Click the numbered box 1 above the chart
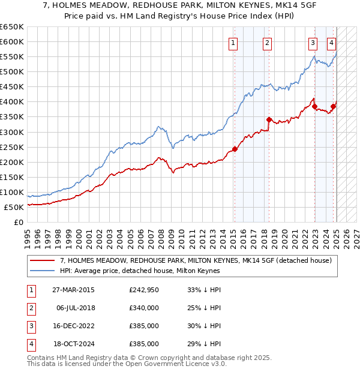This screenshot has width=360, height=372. click(x=232, y=43)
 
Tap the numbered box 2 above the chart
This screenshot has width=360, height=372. click(x=267, y=43)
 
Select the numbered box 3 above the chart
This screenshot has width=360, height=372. click(x=313, y=43)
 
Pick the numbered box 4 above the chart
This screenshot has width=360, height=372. click(x=331, y=43)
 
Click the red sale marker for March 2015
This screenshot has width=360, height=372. click(x=235, y=149)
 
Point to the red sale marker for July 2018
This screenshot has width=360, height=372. click(x=269, y=119)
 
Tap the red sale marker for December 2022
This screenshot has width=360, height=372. click(x=314, y=106)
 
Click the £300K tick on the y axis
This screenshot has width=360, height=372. click(x=11, y=132)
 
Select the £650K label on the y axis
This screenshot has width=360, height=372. click(x=11, y=27)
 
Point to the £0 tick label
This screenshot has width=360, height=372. click(x=19, y=222)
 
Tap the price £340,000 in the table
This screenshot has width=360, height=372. click(x=144, y=308)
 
